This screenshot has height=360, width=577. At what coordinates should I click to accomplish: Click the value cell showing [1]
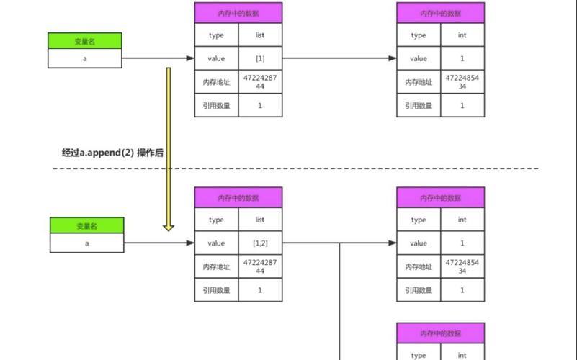pos(260,59)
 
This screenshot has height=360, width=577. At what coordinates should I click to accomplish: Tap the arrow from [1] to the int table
pos(339,59)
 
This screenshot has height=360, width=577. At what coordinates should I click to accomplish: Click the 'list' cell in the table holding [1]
pos(260,35)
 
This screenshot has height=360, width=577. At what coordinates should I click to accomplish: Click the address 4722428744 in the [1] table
pos(260,82)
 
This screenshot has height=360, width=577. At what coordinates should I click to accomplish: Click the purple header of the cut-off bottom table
pos(440,333)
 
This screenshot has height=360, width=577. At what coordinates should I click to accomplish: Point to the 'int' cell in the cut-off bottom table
pos(462,355)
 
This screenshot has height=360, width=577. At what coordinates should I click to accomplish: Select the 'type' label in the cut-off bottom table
pos(419,355)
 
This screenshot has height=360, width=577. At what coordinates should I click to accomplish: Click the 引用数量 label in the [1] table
pos(216,105)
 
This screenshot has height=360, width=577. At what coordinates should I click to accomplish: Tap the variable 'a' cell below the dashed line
pos(86,243)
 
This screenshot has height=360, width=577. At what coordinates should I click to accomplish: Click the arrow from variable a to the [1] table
pos(158,59)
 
